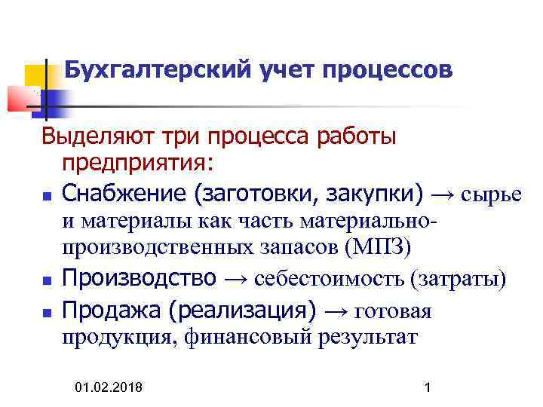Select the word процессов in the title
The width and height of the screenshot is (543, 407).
point(388,71)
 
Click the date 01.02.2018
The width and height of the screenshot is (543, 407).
point(111,387)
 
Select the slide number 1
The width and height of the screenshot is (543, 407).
point(428,387)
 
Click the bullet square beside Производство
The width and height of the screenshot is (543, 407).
point(47,280)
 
